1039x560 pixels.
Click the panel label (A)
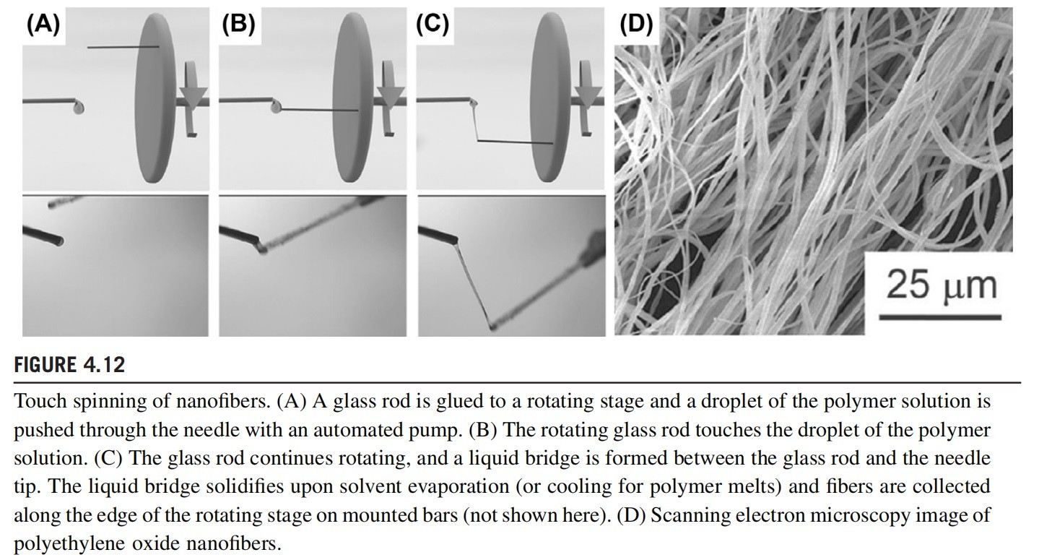43,25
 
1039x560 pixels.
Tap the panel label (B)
238,25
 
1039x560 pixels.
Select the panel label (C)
432,25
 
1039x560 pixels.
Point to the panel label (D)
636,25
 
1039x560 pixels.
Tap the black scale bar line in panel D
939,316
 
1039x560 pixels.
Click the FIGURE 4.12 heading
69,365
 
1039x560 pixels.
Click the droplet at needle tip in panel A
79,108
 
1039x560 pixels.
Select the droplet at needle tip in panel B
275,108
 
